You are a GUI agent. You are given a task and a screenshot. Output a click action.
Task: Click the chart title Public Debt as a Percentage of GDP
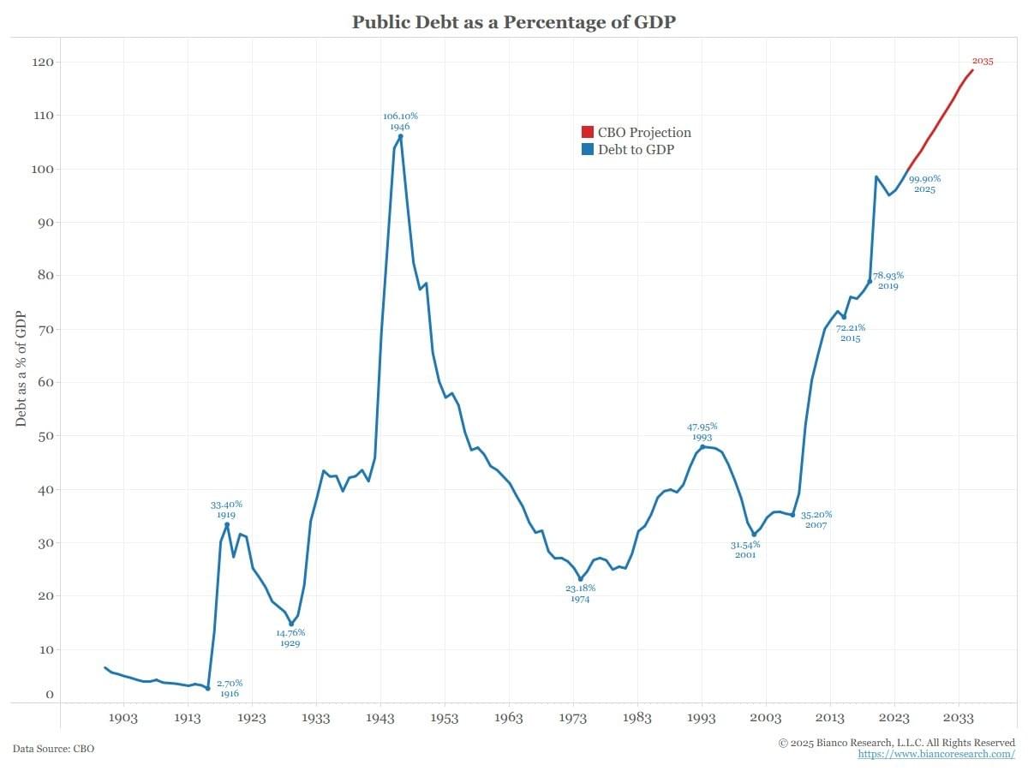coord(514,22)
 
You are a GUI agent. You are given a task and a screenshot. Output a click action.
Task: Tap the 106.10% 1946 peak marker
coord(400,135)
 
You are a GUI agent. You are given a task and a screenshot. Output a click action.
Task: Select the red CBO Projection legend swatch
coord(587,132)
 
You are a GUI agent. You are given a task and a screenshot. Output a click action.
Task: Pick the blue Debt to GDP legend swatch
coord(587,149)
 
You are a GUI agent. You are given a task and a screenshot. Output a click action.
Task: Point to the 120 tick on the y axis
coord(43,63)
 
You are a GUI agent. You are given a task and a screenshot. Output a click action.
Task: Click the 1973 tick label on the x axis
coord(573,718)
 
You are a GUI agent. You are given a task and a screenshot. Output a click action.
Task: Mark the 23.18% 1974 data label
coord(580,594)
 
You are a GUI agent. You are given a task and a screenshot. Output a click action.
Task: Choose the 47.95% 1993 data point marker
coord(702,446)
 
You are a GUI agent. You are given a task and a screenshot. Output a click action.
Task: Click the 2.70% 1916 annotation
coord(229,688)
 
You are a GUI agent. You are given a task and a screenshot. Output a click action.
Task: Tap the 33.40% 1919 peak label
coord(227,510)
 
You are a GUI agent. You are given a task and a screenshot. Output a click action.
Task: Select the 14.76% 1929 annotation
coord(290,637)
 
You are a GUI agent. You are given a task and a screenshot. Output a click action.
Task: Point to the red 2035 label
coord(983,61)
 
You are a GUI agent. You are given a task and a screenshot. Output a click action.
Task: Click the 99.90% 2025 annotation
coord(924,183)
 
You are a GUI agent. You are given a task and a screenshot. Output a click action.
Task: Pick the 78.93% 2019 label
coord(888,280)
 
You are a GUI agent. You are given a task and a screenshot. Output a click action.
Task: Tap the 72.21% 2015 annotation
coord(850,332)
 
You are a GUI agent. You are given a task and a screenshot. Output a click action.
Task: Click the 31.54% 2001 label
coord(745,549)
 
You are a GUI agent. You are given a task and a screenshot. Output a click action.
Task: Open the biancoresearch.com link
coord(936,754)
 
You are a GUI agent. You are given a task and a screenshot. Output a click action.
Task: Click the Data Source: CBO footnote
coord(53,749)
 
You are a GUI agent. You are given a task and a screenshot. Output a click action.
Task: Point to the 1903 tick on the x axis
coord(123,718)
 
